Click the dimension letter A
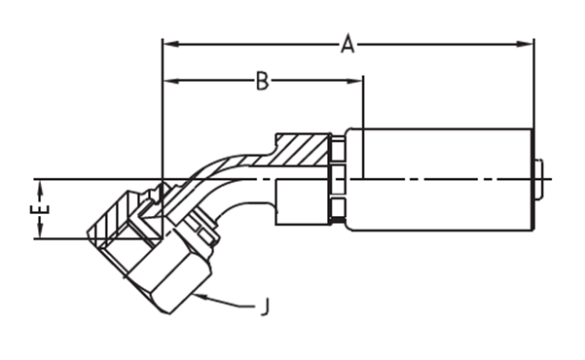[347, 44]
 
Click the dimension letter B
[262, 81]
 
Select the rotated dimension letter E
[40, 209]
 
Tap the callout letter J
[266, 306]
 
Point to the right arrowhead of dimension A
[525, 44]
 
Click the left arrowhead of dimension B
[171, 81]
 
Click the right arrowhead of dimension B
[355, 81]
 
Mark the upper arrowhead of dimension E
[40, 188]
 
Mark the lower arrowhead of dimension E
[40, 231]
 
